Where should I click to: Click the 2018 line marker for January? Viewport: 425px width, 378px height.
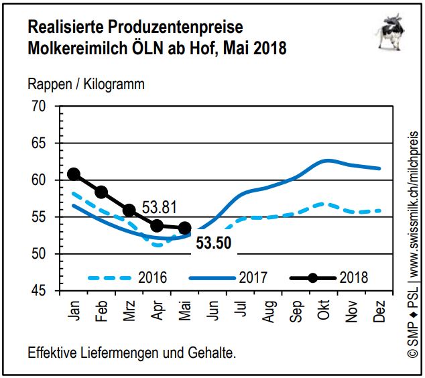(74, 174)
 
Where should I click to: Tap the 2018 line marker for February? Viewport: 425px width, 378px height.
(101, 192)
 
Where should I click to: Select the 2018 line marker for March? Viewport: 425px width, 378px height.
(129, 210)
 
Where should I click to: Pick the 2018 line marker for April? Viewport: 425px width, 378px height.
(157, 226)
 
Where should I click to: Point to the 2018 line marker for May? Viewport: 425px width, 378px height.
(185, 228)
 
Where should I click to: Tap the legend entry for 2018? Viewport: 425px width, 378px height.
(328, 277)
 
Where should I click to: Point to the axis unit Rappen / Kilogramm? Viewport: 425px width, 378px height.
(86, 84)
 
